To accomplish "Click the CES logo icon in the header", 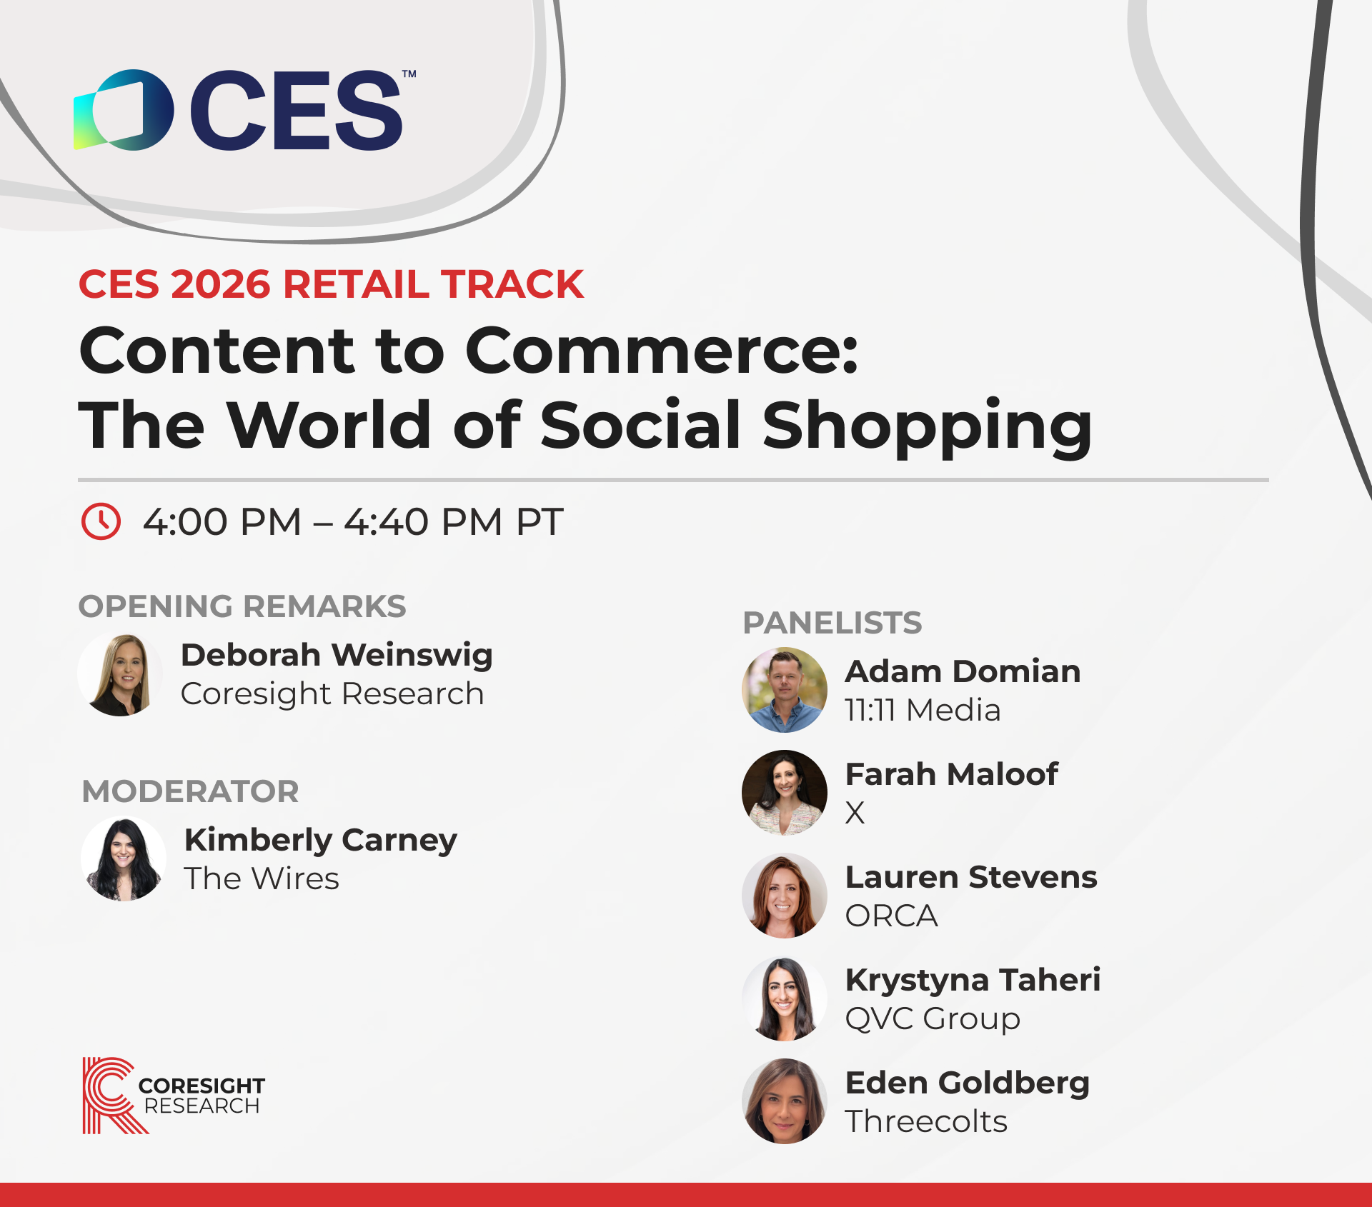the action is pyautogui.click(x=124, y=110).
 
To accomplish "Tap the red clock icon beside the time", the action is pyautogui.click(x=101, y=521).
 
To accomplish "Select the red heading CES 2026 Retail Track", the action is pyautogui.click(x=331, y=284).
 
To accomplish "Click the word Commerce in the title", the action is pyautogui.click(x=662, y=351).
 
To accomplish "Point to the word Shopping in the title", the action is pyautogui.click(x=928, y=427).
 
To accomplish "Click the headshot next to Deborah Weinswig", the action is pyautogui.click(x=121, y=674).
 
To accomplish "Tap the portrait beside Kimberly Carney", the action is pyautogui.click(x=124, y=858).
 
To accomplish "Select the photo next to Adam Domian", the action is pyautogui.click(x=785, y=690).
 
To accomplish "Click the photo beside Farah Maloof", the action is pyautogui.click(x=785, y=793).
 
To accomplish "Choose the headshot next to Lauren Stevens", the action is pyautogui.click(x=785, y=896).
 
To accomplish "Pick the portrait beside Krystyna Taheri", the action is pyautogui.click(x=785, y=998).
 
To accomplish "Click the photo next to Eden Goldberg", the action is pyautogui.click(x=785, y=1101).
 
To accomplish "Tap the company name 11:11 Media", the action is pyautogui.click(x=923, y=711).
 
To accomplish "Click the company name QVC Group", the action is pyautogui.click(x=933, y=1019).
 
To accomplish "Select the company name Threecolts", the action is pyautogui.click(x=926, y=1121).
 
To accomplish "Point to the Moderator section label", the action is pyautogui.click(x=191, y=791).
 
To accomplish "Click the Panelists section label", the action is pyautogui.click(x=832, y=623).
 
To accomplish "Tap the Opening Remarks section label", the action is pyautogui.click(x=242, y=606).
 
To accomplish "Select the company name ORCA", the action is pyautogui.click(x=891, y=916).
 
